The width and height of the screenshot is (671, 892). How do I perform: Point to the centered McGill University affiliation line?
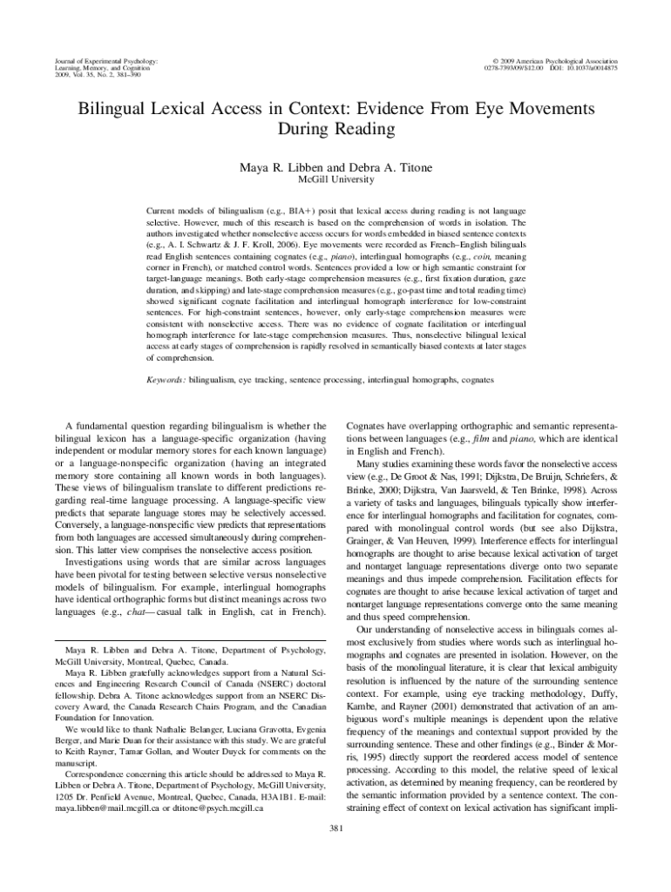pyautogui.click(x=335, y=179)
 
